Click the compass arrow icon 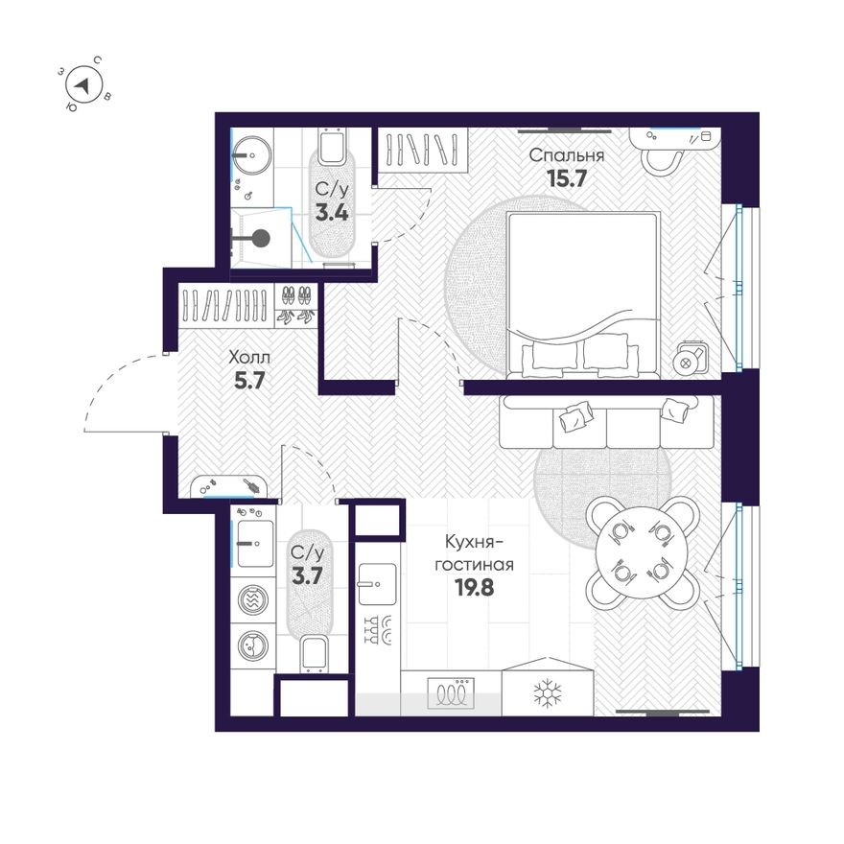point(85,85)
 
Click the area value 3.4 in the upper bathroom point(332,212)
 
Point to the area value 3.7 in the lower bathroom point(307,574)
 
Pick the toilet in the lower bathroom point(313,656)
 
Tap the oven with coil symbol point(451,692)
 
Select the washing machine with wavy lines point(253,601)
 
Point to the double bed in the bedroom point(583,293)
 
